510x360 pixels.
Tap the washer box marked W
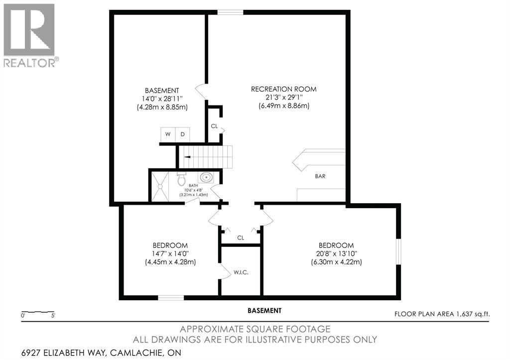point(168,134)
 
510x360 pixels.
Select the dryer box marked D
point(183,134)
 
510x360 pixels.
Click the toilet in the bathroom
point(181,179)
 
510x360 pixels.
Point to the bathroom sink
point(206,177)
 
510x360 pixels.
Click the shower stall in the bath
point(160,186)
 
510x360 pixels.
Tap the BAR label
point(320,176)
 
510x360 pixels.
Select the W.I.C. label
point(241,272)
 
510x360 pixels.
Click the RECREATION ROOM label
point(283,89)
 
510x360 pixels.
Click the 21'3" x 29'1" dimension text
point(284,97)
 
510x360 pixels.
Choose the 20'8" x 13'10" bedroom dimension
point(336,253)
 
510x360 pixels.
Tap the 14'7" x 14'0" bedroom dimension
point(170,253)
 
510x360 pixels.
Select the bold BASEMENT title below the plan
point(264,311)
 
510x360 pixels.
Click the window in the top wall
point(230,12)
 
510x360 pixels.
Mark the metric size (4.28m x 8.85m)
point(162,108)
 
